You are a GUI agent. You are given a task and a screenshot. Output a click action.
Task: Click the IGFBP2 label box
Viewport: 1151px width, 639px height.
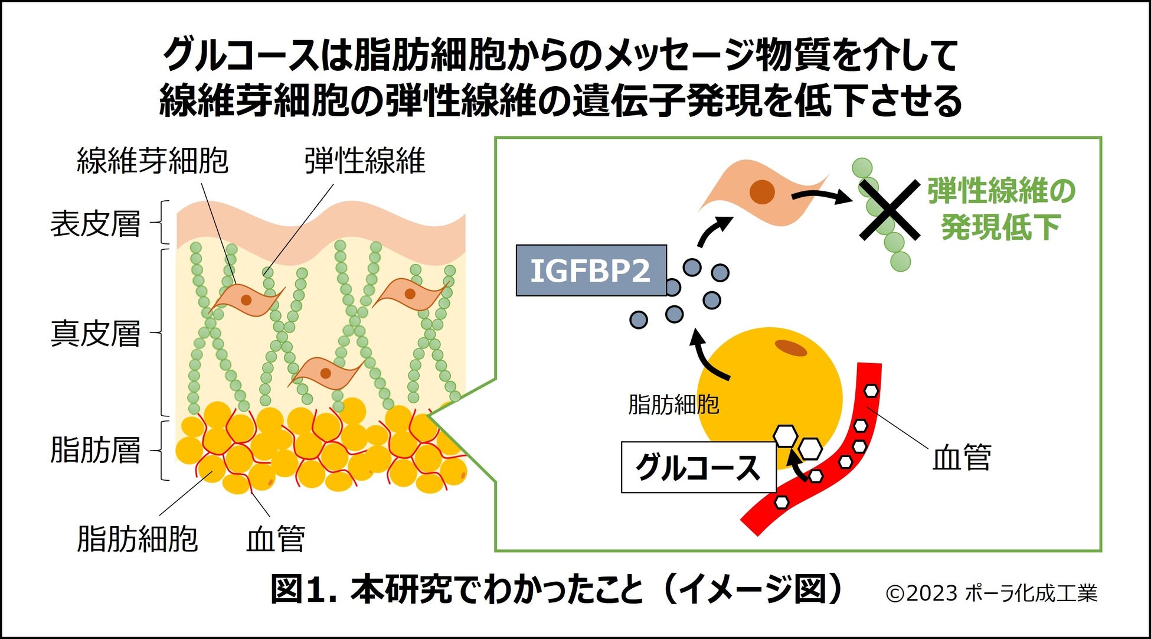click(x=591, y=270)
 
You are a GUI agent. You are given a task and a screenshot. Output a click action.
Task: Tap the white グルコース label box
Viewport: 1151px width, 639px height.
click(x=698, y=468)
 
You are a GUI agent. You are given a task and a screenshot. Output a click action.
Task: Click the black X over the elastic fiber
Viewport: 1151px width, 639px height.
click(x=889, y=210)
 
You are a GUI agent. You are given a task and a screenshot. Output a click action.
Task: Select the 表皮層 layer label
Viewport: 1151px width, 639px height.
click(x=95, y=224)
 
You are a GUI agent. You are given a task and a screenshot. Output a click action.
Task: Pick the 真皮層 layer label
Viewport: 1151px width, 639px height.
click(x=95, y=333)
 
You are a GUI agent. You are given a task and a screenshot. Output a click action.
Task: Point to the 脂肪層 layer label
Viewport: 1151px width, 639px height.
click(x=95, y=450)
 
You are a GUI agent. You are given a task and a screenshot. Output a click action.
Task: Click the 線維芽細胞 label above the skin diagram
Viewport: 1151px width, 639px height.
click(x=152, y=161)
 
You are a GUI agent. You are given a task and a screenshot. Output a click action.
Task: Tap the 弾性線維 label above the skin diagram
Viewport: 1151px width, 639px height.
click(x=365, y=161)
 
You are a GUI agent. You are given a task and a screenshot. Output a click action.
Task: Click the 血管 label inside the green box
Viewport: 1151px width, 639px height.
click(x=961, y=457)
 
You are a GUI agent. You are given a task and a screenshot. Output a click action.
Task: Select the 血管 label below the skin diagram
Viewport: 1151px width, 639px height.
click(x=275, y=539)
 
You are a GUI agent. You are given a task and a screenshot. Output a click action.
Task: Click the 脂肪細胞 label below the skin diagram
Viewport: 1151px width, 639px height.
click(x=137, y=539)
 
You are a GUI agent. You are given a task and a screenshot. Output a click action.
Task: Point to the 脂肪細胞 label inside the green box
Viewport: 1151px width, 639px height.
click(x=673, y=405)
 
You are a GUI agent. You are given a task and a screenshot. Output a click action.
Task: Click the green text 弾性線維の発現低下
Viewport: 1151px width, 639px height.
click(x=1001, y=209)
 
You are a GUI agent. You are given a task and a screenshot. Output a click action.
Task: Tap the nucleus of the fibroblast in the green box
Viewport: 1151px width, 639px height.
click(x=761, y=192)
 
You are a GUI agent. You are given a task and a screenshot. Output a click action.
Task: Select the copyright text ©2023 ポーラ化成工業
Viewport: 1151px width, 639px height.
click(x=991, y=593)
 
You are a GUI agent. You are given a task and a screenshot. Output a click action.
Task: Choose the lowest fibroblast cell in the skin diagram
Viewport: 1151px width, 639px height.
click(x=325, y=373)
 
